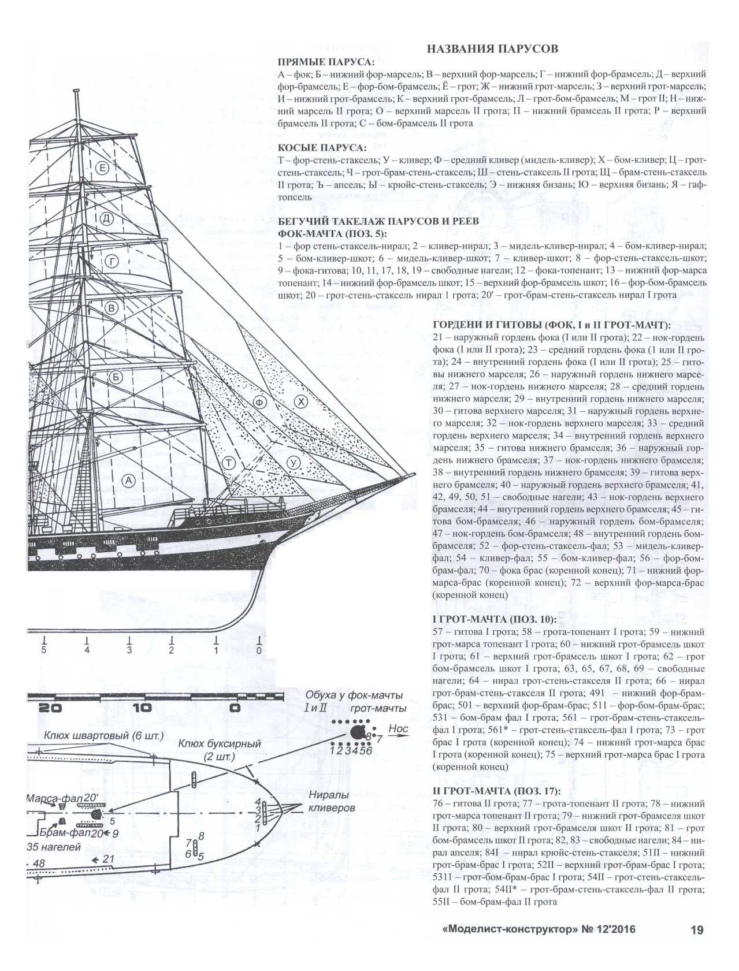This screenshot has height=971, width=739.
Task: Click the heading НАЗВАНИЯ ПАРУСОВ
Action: (492, 49)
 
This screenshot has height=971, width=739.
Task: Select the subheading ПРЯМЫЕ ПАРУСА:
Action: (326, 62)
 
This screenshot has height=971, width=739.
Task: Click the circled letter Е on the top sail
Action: (102, 169)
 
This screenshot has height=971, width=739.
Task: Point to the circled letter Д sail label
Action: (106, 218)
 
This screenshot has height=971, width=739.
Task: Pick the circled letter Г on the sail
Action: (111, 262)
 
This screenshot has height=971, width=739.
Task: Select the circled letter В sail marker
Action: (112, 307)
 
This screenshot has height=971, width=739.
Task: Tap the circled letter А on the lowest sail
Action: (128, 481)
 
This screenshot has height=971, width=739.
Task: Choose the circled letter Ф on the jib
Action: (259, 403)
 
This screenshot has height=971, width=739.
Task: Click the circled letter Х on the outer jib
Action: (300, 402)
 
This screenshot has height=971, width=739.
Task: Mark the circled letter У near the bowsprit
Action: (294, 463)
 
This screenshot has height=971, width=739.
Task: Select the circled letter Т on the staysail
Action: (229, 463)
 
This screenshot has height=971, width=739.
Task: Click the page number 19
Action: (697, 930)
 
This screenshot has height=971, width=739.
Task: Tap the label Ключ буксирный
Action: (220, 744)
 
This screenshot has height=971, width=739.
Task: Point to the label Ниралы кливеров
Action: (332, 802)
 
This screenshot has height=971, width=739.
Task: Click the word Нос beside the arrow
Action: (398, 729)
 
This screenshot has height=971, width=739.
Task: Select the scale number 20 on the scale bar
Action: (50, 708)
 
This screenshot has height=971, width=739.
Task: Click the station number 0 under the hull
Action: (259, 650)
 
